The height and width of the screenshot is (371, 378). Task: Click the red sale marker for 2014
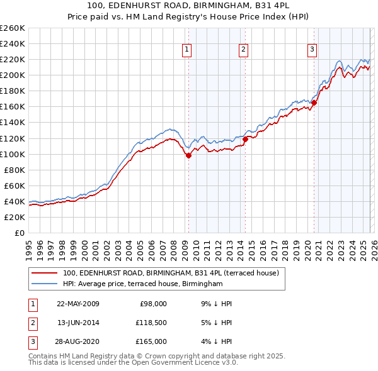click(x=245, y=140)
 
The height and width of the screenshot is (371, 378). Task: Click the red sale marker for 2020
click(x=314, y=103)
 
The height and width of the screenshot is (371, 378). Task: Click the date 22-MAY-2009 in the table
click(x=77, y=304)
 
